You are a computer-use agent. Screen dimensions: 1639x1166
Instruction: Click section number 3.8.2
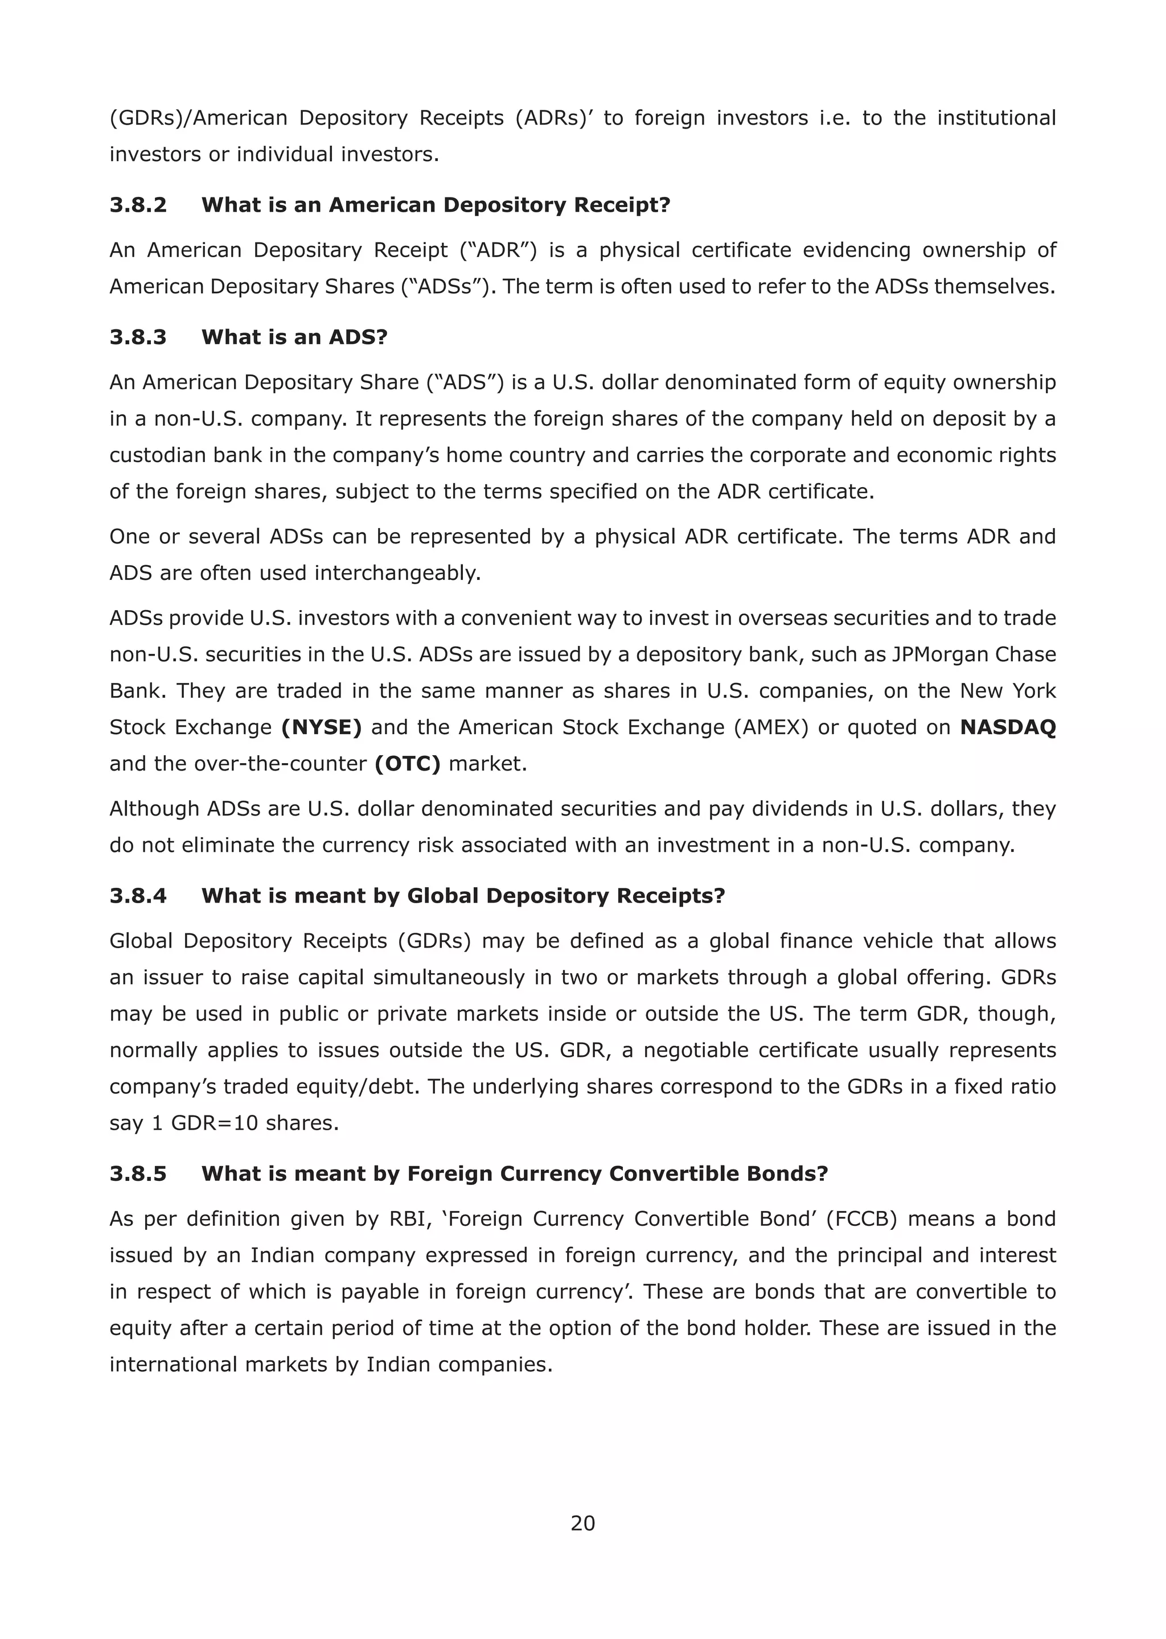(x=138, y=205)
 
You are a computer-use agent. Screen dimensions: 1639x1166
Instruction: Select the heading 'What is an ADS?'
(x=294, y=337)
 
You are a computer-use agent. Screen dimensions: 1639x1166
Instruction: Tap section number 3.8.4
(x=138, y=896)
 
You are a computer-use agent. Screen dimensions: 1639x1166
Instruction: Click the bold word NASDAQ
(x=1007, y=728)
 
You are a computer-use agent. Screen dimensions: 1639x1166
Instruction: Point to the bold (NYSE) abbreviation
(x=321, y=728)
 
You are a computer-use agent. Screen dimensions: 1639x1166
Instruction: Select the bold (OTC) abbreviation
(x=407, y=764)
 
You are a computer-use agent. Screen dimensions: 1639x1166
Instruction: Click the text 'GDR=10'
(x=214, y=1123)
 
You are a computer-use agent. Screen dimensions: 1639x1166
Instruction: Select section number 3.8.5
(x=138, y=1174)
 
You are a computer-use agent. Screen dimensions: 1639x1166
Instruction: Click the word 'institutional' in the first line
(x=996, y=118)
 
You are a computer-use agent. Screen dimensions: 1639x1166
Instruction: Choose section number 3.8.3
(x=138, y=337)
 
